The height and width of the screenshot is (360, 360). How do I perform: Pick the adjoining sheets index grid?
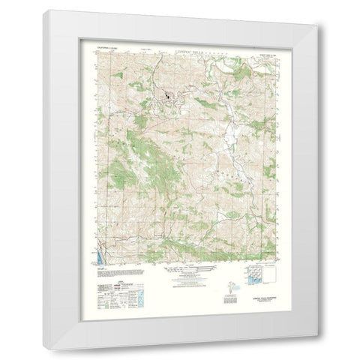[x=254, y=278]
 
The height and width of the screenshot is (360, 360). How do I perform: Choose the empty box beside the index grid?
[x=271, y=278]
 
